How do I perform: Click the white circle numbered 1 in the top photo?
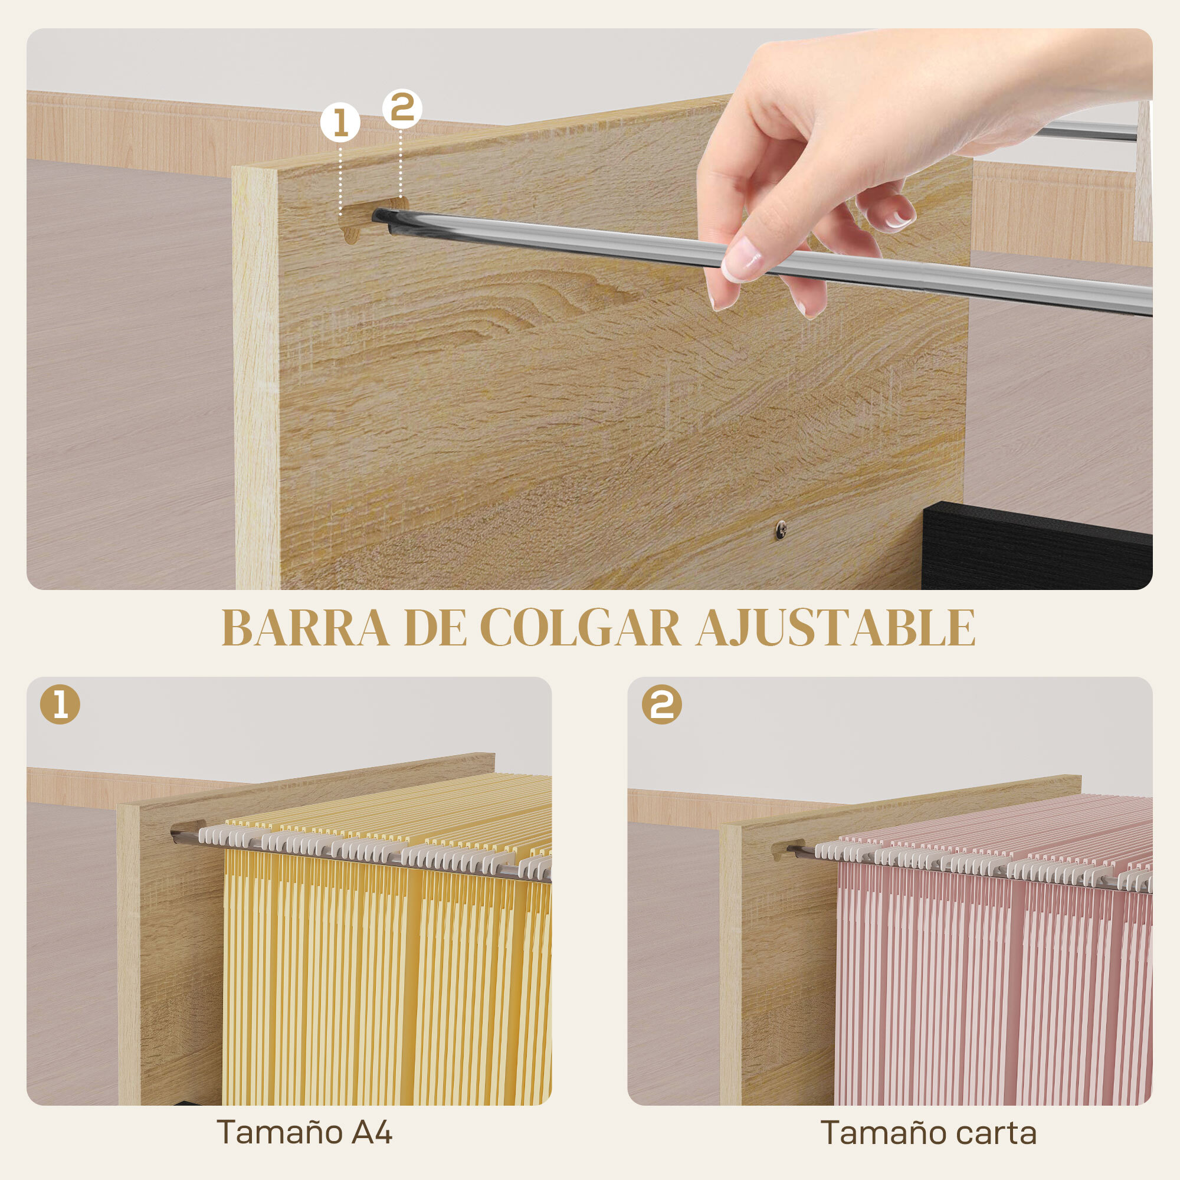tap(340, 123)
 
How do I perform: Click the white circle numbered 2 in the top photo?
tap(402, 109)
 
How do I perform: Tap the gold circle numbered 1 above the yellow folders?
tap(60, 705)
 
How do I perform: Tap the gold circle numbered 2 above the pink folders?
tap(661, 705)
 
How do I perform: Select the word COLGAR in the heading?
tap(580, 628)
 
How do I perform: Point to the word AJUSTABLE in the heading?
tap(835, 628)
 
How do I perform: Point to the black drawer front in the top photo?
tap(1038, 547)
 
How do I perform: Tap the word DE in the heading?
tap(434, 628)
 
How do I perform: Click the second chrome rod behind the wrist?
tap(1087, 130)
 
